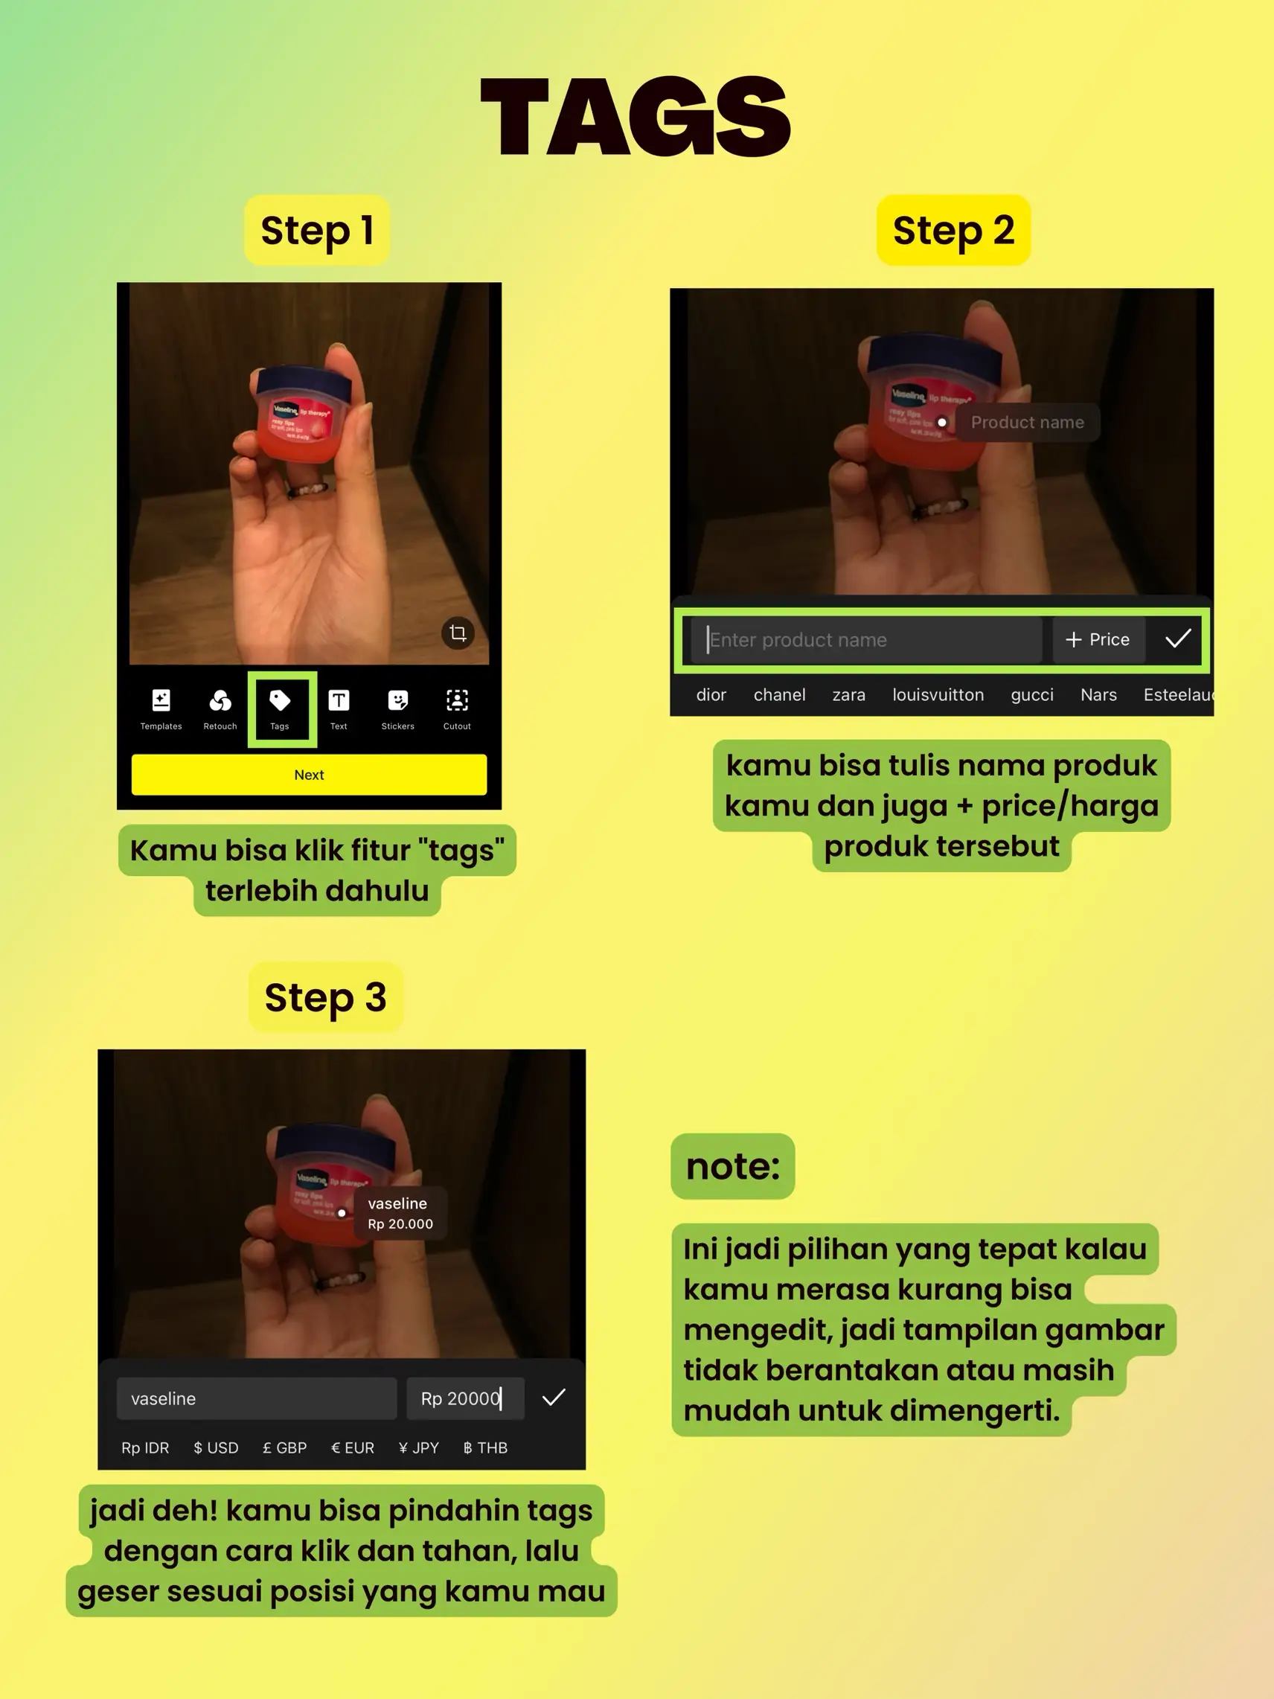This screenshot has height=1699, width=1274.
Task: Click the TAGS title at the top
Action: coord(635,117)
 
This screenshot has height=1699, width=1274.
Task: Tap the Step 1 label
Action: coord(317,231)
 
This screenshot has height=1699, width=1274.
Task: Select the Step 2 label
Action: coord(953,231)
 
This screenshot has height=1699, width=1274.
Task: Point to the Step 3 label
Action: coord(326,997)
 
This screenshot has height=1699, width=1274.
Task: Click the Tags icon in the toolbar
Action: coord(281,708)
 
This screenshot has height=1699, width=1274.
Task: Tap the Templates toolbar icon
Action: coord(161,708)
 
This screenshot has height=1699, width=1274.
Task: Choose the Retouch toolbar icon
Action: coord(220,708)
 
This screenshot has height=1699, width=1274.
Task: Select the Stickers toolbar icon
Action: coord(398,708)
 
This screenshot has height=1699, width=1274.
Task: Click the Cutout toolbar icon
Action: coord(457,708)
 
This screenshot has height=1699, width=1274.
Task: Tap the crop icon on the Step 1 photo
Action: coord(458,633)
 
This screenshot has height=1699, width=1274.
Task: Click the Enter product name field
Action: coord(865,640)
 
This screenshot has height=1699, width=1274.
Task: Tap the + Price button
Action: coord(1098,640)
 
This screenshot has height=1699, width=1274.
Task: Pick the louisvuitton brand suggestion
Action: coord(938,695)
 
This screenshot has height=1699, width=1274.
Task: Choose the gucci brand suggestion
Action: coord(1032,695)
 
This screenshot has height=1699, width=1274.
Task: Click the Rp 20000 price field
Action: coord(464,1398)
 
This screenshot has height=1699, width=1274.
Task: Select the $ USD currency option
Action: coord(216,1448)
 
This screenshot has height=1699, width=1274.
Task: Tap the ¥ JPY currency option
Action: coord(418,1448)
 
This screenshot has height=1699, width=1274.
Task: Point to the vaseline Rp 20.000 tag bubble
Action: coord(400,1214)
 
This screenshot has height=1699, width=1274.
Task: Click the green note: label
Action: coord(732,1166)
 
